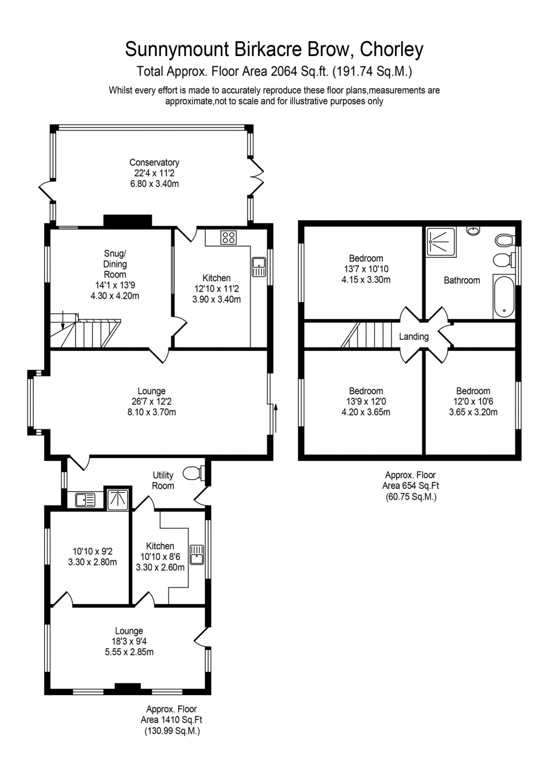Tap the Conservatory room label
[x=154, y=163]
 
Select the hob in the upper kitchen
[x=228, y=237]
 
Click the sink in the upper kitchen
[x=259, y=267]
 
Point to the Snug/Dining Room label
[x=115, y=264]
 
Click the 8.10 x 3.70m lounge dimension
[x=151, y=412]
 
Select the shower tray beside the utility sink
[x=118, y=498]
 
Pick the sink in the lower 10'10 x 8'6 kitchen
[x=197, y=554]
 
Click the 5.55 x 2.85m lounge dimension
[x=129, y=652]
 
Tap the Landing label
[x=413, y=336]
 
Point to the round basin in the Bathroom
[x=473, y=230]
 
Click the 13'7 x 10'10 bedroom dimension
[x=366, y=269]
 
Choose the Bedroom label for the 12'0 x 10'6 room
[x=473, y=391]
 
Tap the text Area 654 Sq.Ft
[x=411, y=485]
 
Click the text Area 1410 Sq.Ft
[x=171, y=720]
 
